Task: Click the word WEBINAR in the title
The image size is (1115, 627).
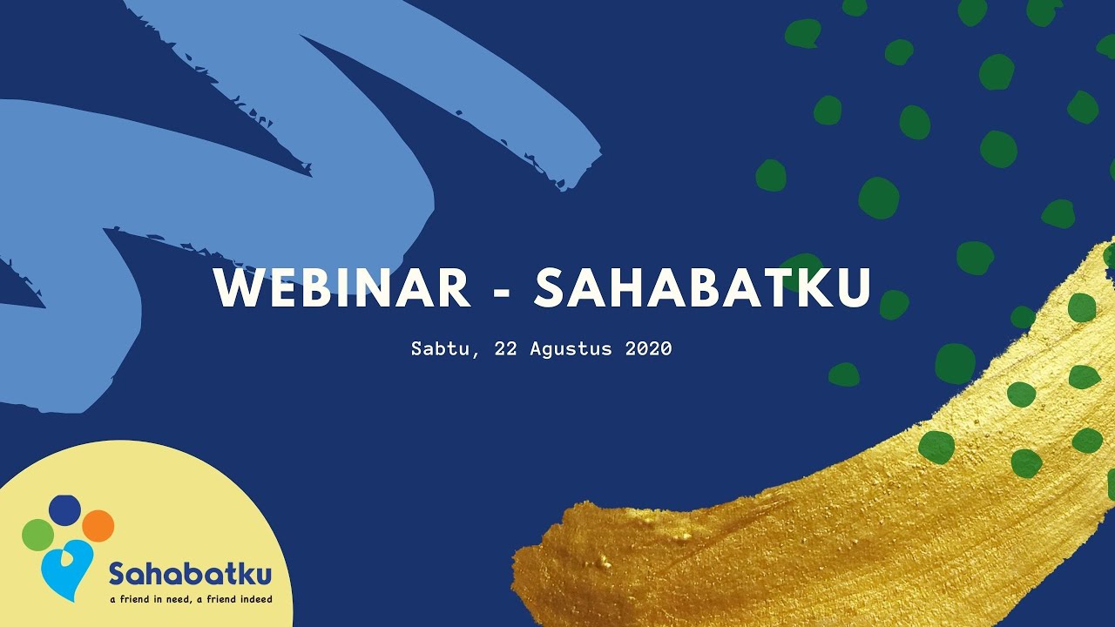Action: point(342,287)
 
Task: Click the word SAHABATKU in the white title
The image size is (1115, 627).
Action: point(702,287)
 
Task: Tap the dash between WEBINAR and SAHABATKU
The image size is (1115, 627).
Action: point(502,291)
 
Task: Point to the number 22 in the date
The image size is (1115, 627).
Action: point(506,349)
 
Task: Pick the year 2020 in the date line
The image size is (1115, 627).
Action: point(648,349)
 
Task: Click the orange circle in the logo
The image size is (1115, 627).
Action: point(98,525)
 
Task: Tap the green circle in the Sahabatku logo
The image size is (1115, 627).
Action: point(38,534)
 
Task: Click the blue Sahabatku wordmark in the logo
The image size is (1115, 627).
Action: point(190,575)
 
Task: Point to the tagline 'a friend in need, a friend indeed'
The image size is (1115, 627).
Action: point(191,599)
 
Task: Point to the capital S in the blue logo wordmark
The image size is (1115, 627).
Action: point(118,575)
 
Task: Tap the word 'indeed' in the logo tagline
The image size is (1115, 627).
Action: point(255,599)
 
